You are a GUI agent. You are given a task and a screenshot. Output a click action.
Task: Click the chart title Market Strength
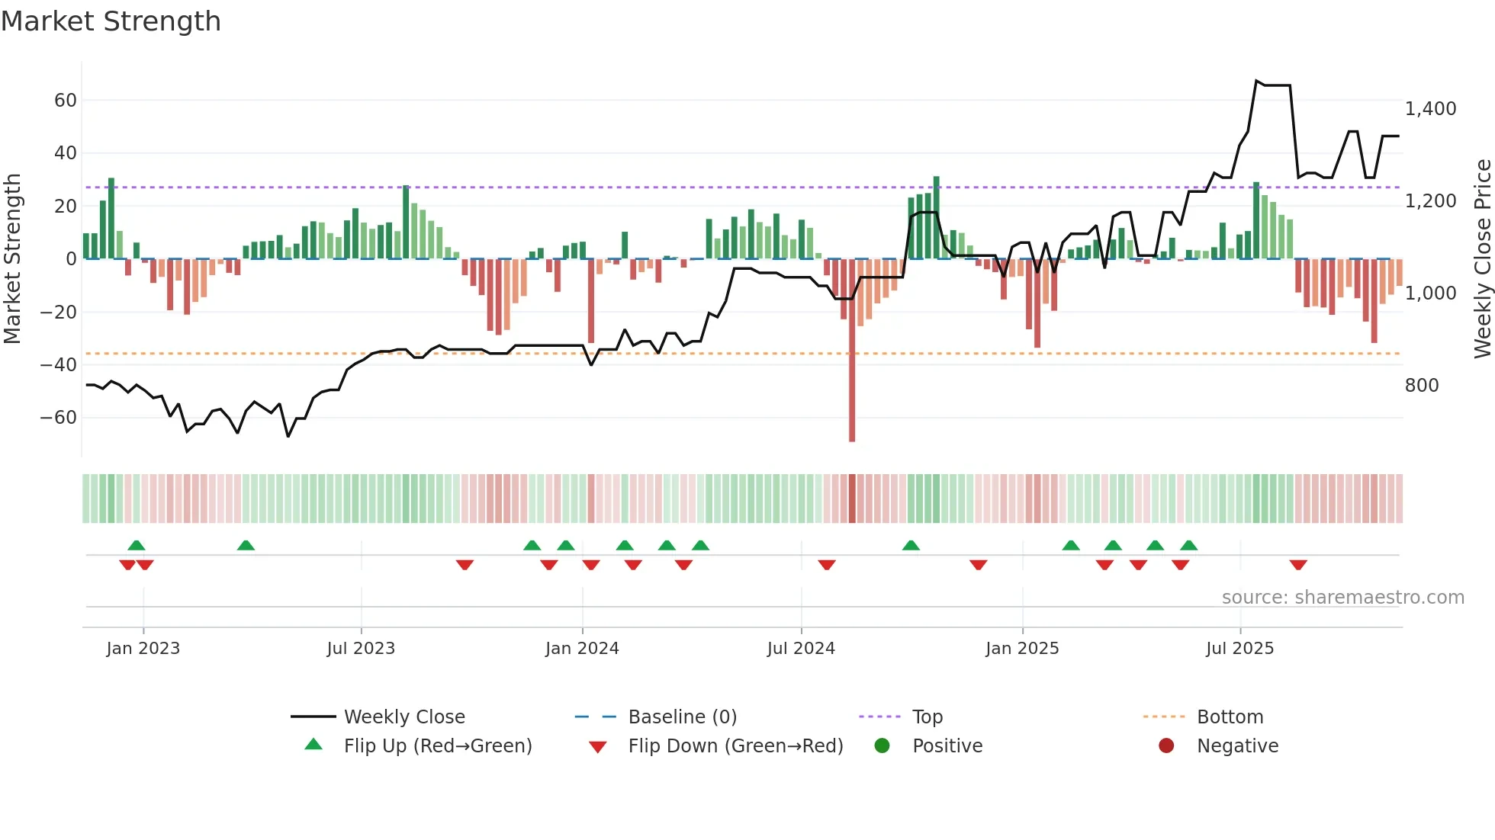coord(111,21)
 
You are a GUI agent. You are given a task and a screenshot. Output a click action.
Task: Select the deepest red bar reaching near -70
coord(852,381)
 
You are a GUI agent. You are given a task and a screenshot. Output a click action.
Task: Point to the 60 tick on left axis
coord(65,101)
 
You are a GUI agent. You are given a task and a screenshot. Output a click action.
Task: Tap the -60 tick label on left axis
coord(59,418)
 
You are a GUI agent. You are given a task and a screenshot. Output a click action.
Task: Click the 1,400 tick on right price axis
coord(1430,109)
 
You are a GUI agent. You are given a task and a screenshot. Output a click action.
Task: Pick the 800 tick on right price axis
coord(1422,386)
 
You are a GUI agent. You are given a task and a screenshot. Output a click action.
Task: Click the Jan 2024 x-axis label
coord(582,649)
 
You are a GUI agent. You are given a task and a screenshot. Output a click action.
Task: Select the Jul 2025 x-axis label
coord(1239,649)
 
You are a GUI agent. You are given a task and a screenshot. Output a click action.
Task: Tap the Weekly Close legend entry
coord(403,717)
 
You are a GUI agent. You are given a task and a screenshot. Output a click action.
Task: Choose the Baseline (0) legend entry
coord(682,717)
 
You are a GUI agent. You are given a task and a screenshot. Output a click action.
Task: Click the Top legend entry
coord(927,717)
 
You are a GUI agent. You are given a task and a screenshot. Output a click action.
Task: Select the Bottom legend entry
coord(1230,717)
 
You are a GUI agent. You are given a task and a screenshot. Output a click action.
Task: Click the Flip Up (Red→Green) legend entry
coord(437,746)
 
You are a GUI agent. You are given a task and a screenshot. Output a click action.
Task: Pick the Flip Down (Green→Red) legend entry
coord(735,746)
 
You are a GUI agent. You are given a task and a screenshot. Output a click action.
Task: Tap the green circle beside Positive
coord(883,746)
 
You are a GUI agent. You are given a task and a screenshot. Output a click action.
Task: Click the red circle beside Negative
coord(1166,746)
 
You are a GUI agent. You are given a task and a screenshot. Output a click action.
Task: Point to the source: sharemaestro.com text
coord(1342,598)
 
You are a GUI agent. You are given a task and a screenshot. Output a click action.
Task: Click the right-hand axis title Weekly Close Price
coord(1482,259)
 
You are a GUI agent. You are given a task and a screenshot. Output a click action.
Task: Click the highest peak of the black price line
coord(1256,81)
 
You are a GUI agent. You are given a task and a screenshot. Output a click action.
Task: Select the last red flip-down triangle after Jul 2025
coord(1298,565)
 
